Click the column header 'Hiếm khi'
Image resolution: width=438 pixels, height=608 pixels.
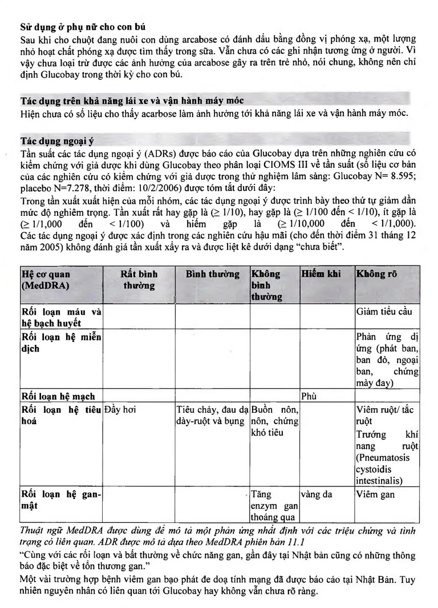321,274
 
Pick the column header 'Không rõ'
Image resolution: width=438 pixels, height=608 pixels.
377,274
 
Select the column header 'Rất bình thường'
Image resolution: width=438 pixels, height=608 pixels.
139,279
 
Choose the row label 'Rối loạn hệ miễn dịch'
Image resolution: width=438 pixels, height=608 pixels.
61,342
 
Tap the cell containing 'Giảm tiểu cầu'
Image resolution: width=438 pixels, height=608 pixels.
384,312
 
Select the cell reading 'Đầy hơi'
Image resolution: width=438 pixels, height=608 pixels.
120,409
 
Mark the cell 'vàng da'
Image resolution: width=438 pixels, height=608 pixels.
317,494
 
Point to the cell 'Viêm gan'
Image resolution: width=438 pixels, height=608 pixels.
375,494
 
